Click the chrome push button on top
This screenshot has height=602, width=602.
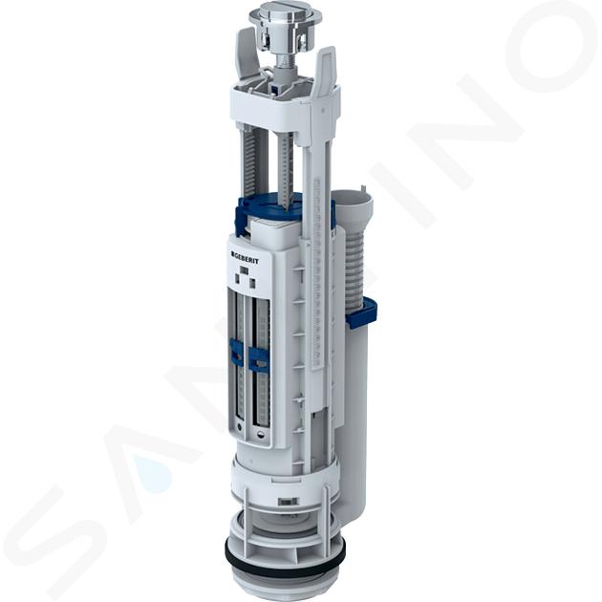click(284, 14)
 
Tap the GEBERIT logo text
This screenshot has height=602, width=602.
click(245, 258)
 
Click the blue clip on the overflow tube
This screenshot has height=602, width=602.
click(362, 312)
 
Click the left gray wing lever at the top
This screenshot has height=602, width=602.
click(246, 54)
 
